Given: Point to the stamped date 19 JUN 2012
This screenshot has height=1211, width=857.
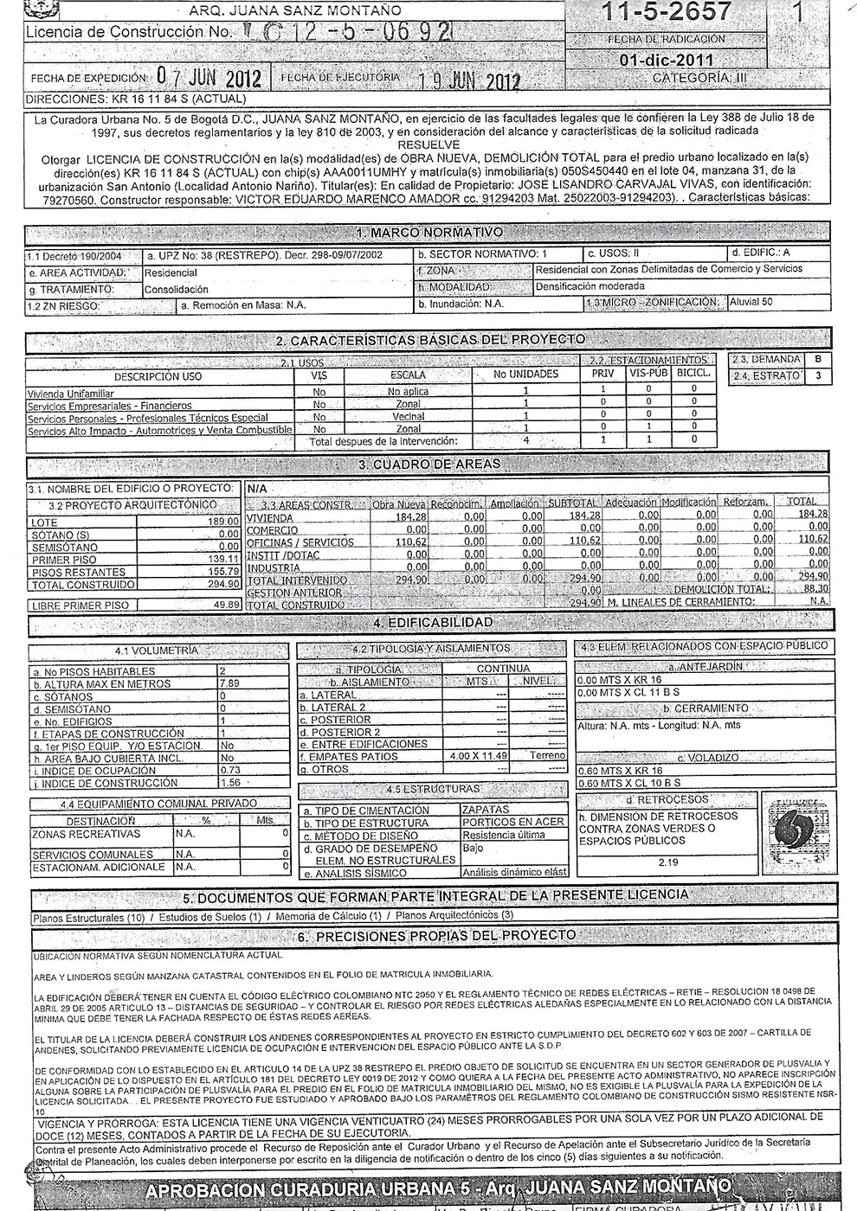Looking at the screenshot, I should tap(468, 81).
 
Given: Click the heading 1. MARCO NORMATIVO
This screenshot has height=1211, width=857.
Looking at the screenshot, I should tap(428, 233).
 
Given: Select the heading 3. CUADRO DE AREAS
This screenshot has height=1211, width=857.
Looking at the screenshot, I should tap(428, 465).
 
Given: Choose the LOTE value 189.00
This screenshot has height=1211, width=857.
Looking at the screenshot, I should tap(223, 522).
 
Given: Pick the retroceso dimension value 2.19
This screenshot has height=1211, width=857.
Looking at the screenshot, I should tap(667, 862).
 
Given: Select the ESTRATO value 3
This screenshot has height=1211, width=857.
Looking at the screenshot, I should tap(816, 376).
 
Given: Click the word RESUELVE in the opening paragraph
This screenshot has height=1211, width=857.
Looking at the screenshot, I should tap(428, 144).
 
